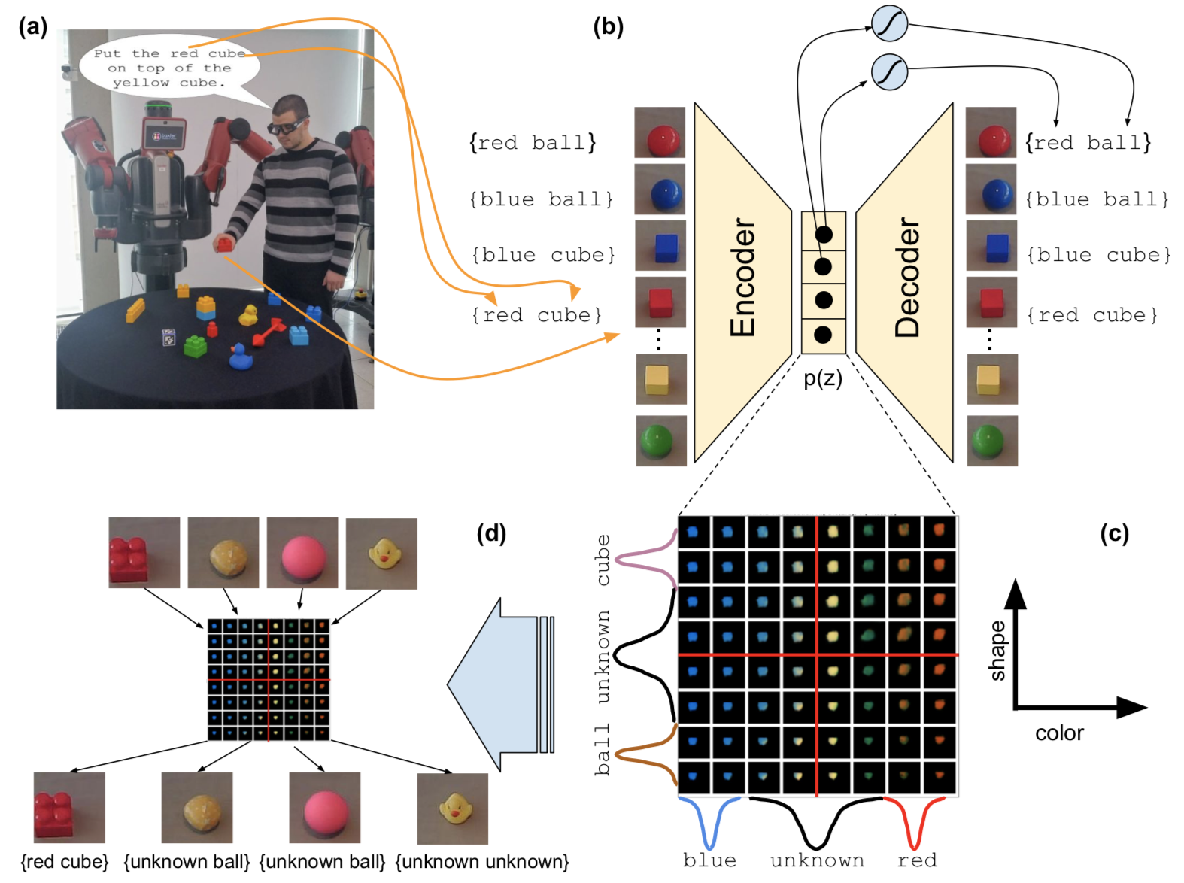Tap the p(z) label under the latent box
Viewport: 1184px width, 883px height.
pyautogui.click(x=823, y=378)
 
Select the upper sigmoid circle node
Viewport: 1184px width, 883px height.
pyautogui.click(x=889, y=23)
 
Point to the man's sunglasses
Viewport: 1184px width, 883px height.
pyautogui.click(x=287, y=126)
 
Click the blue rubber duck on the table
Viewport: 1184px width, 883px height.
pyautogui.click(x=240, y=357)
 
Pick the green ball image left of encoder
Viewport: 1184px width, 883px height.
pyautogui.click(x=660, y=441)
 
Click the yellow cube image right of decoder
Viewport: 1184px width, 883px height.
pyautogui.click(x=991, y=379)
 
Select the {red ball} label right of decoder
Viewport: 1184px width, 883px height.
pyautogui.click(x=1088, y=142)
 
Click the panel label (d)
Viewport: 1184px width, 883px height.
pyautogui.click(x=491, y=533)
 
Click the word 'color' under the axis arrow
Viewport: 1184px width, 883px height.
pyautogui.click(x=1059, y=733)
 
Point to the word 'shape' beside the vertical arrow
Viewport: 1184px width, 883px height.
pyautogui.click(x=997, y=651)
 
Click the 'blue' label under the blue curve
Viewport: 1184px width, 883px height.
pyautogui.click(x=709, y=860)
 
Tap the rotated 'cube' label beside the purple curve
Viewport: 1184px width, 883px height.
pyautogui.click(x=603, y=560)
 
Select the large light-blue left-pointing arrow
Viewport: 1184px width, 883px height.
pyautogui.click(x=500, y=684)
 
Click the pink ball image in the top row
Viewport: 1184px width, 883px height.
pyautogui.click(x=302, y=553)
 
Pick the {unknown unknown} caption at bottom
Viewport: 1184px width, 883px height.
pyautogui.click(x=481, y=861)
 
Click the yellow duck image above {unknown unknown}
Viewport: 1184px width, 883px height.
pyautogui.click(x=453, y=808)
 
